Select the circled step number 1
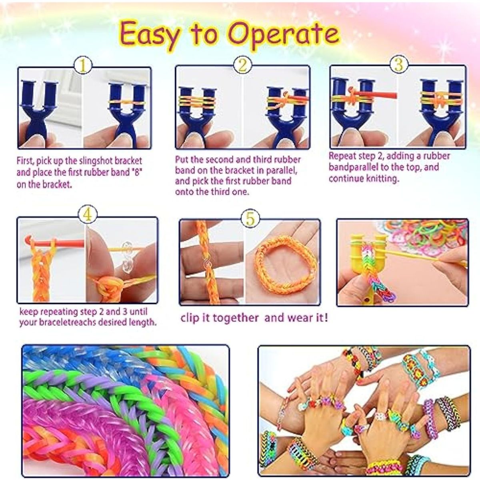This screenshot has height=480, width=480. point(83,66)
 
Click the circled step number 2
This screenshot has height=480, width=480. point(242,65)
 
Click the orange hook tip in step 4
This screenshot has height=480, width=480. point(28,241)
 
